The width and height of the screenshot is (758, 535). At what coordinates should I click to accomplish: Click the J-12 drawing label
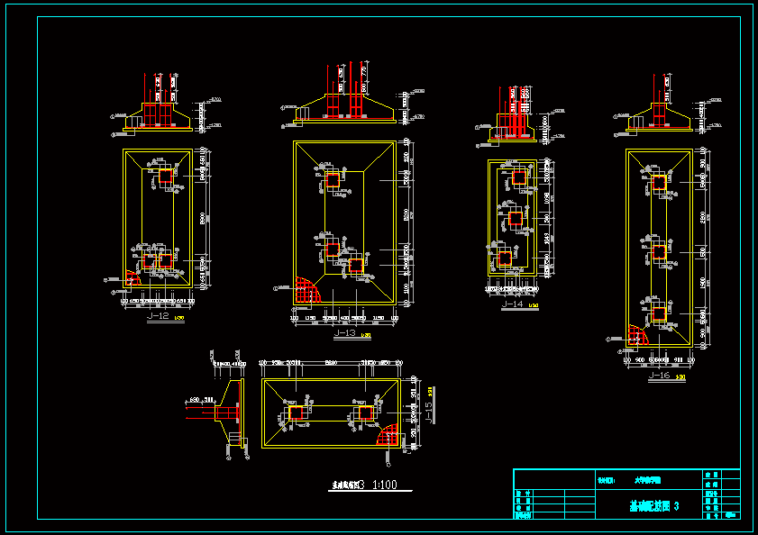click(x=158, y=317)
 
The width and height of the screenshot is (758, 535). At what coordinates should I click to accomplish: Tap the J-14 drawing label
click(x=512, y=304)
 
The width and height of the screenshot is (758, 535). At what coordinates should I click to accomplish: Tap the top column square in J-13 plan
click(x=333, y=180)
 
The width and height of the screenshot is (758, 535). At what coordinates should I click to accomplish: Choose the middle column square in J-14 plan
click(x=515, y=218)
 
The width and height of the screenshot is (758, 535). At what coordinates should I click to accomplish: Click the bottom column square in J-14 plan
click(x=505, y=258)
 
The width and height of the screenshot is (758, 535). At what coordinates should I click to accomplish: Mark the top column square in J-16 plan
click(x=659, y=182)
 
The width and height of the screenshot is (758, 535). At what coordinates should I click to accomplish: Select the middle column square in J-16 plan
click(x=659, y=251)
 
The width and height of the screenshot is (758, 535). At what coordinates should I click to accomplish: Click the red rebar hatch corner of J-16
click(x=639, y=335)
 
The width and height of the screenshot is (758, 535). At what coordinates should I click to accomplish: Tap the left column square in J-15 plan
click(x=297, y=413)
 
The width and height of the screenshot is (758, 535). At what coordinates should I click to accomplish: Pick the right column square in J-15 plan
click(x=365, y=413)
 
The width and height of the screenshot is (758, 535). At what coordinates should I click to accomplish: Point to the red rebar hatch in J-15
click(x=389, y=436)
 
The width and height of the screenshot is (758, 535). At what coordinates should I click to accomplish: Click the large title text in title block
click(x=654, y=507)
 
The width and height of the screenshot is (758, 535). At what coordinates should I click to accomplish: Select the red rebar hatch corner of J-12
click(x=132, y=278)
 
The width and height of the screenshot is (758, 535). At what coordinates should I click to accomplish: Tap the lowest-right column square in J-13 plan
click(x=356, y=266)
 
